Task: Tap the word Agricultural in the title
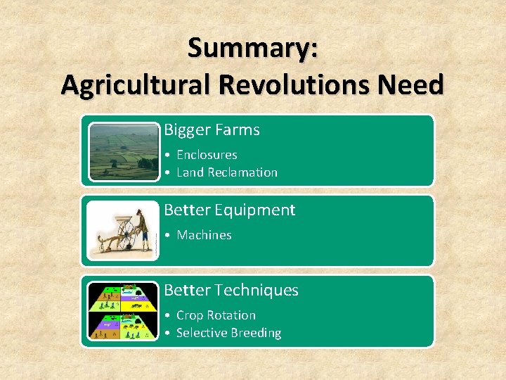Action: point(136,85)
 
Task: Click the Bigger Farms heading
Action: point(212,130)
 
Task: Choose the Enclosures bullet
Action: point(207,155)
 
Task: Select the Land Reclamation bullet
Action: point(226,172)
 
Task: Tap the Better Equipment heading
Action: point(229,210)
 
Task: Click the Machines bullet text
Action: point(204,235)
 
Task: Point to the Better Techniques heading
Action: point(231,291)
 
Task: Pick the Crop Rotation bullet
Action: point(216,315)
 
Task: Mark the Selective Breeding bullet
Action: point(228,333)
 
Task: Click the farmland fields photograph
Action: point(124,151)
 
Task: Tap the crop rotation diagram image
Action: point(124,312)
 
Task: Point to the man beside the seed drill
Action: point(143,229)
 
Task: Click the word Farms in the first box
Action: point(237,130)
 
